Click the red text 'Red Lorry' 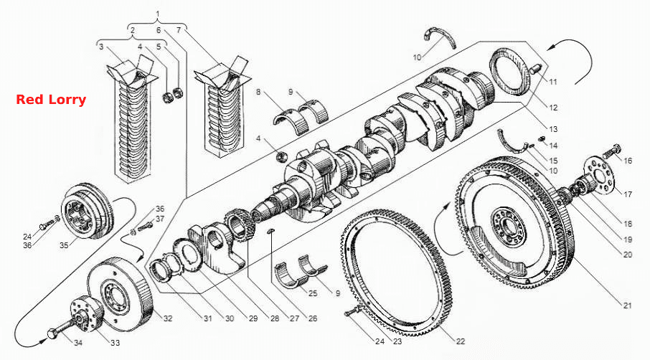pos(51,100)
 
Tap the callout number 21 pos(627,305)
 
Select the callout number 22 pos(460,341)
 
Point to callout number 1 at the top pos(157,14)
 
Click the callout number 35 pos(63,245)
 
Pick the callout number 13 pos(553,129)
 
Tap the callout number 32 pos(167,318)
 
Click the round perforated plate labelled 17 pos(600,175)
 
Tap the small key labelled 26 pos(270,230)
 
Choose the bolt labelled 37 pos(143,227)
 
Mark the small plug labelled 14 pos(541,139)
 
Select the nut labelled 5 pos(179,93)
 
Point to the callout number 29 pos(253,318)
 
